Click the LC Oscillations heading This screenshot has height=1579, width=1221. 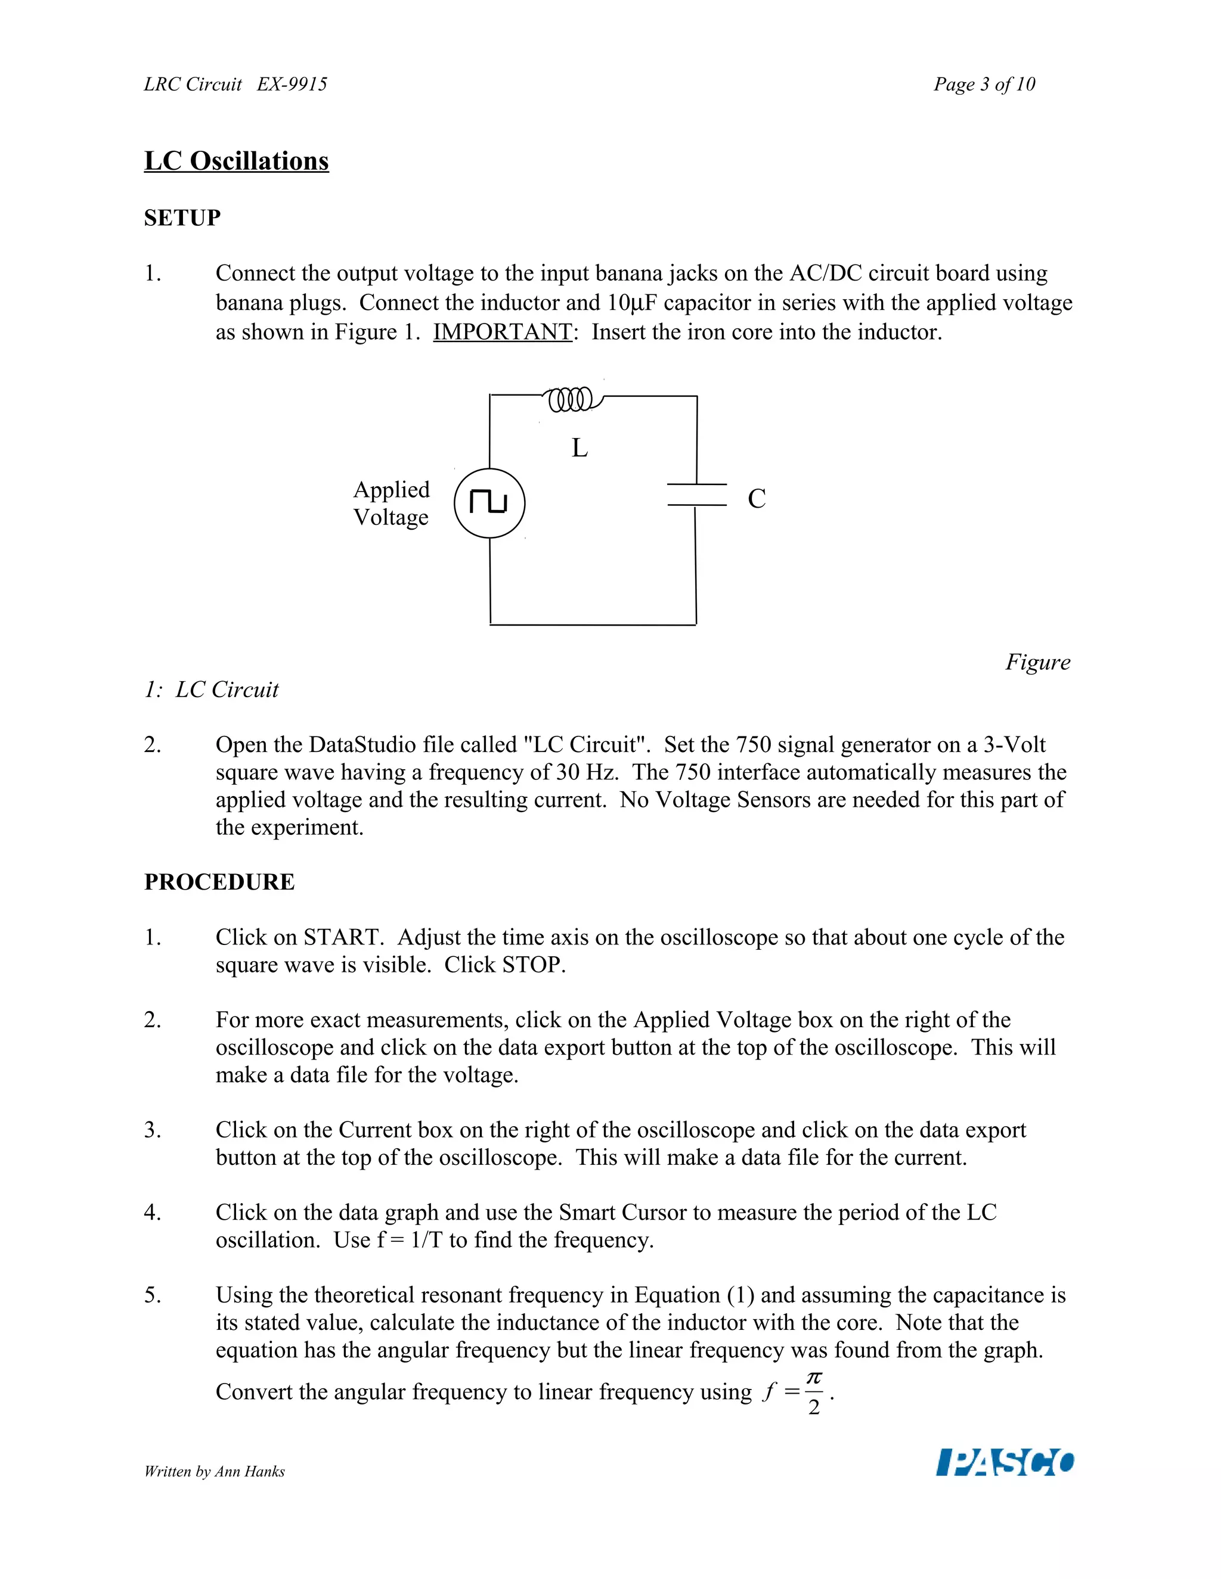pyautogui.click(x=237, y=160)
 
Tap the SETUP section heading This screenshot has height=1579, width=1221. pyautogui.click(x=182, y=217)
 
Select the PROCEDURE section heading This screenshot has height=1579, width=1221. pyautogui.click(x=219, y=881)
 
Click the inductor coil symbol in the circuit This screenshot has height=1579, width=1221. pyautogui.click(x=571, y=399)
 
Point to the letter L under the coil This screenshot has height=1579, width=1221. pyautogui.click(x=579, y=448)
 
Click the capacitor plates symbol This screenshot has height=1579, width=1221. pyautogui.click(x=696, y=495)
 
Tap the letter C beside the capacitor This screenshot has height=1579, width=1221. pyautogui.click(x=757, y=499)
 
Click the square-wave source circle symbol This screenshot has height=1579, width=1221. pyautogui.click(x=489, y=503)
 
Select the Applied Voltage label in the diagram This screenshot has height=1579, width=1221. pyautogui.click(x=391, y=503)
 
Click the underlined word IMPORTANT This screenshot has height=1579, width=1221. pyautogui.click(x=503, y=332)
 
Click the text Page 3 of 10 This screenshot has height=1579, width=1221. pyautogui.click(x=984, y=85)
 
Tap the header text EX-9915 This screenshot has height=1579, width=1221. pyautogui.click(x=292, y=85)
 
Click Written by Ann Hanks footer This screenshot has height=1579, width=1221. pyautogui.click(x=214, y=1471)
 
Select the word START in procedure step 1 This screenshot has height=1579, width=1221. pyautogui.click(x=342, y=937)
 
